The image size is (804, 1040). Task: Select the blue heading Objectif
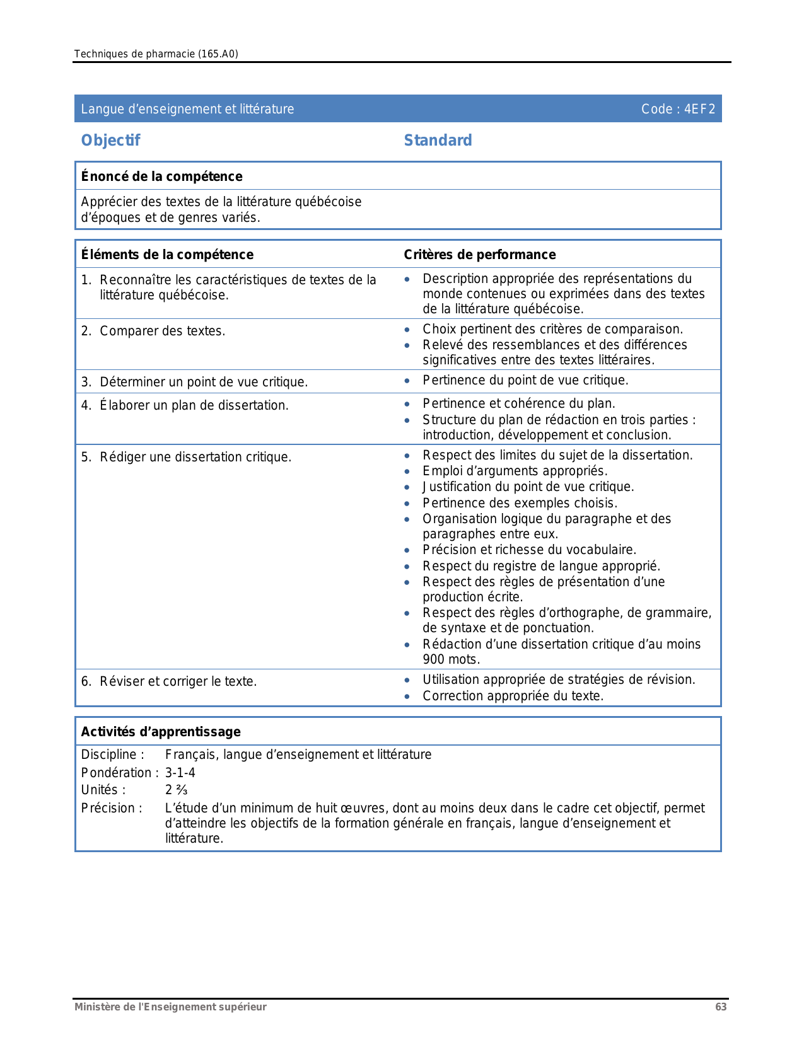pyautogui.click(x=110, y=141)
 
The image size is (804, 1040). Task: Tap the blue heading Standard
pyautogui.click(x=438, y=141)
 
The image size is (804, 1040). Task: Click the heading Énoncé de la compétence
pyautogui.click(x=161, y=176)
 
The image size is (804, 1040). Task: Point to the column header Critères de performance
pyautogui.click(x=479, y=255)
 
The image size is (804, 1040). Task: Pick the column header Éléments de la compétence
pyautogui.click(x=167, y=255)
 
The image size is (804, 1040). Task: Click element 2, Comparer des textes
pyautogui.click(x=162, y=331)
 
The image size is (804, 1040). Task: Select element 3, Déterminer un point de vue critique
pyautogui.click(x=203, y=382)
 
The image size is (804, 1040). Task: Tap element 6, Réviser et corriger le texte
pyautogui.click(x=178, y=681)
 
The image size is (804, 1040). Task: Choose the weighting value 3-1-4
pyautogui.click(x=180, y=773)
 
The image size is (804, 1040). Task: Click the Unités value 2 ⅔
pyautogui.click(x=176, y=790)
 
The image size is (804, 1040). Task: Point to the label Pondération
pyautogui.click(x=117, y=773)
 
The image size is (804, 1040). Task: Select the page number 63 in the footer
pyautogui.click(x=721, y=1007)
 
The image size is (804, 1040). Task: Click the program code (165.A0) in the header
pyautogui.click(x=218, y=54)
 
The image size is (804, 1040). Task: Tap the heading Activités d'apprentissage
pyautogui.click(x=161, y=732)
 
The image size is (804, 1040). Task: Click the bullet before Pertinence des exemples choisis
pyautogui.click(x=408, y=504)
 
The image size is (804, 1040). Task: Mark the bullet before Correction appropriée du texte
pyautogui.click(x=408, y=696)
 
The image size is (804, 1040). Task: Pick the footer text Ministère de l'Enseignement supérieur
pyautogui.click(x=170, y=1007)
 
